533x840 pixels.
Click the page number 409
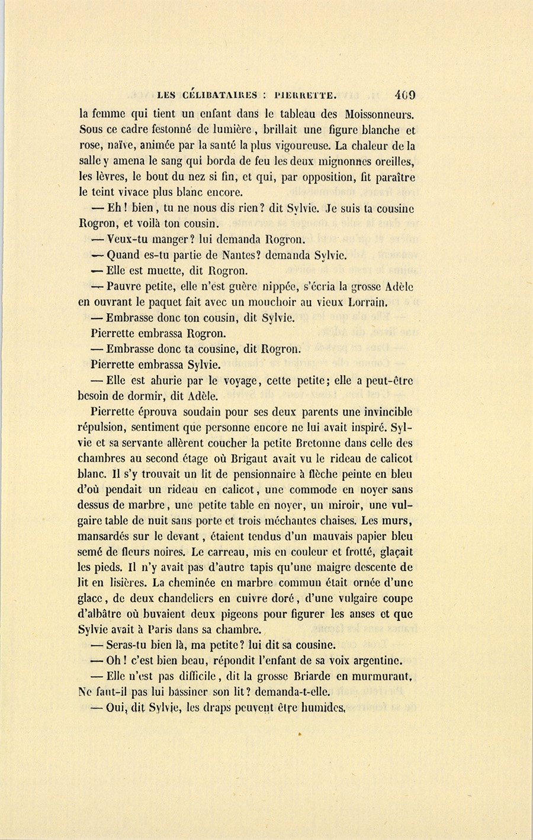pyautogui.click(x=404, y=95)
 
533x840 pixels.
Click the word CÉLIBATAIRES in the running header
pyautogui.click(x=221, y=95)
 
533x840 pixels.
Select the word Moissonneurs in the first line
pyautogui.click(x=375, y=114)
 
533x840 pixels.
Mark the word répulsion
pyautogui.click(x=102, y=428)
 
